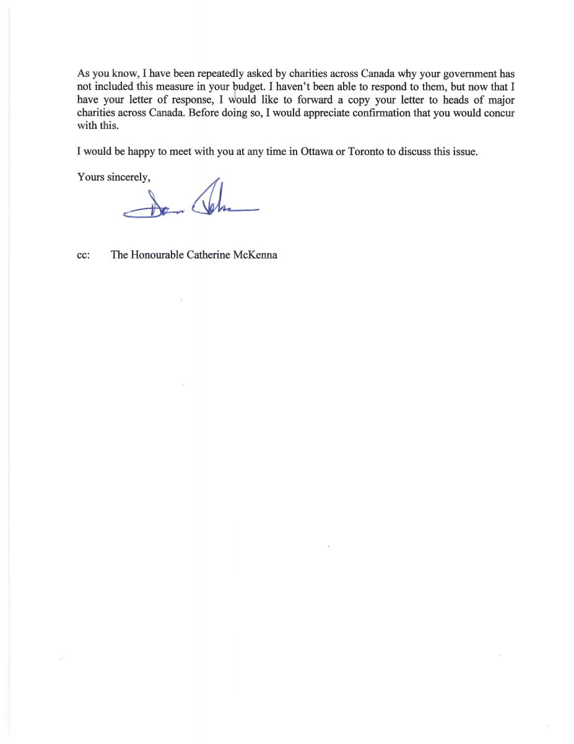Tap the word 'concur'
(499, 113)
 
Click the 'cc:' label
(84, 255)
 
